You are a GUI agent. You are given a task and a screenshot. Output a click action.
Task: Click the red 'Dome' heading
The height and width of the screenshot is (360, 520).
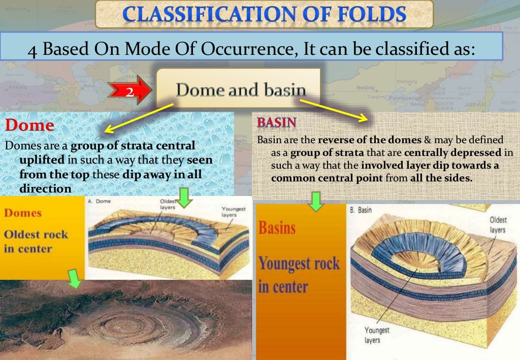tap(29, 125)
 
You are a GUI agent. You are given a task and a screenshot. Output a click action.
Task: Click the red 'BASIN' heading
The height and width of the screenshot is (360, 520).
tap(277, 123)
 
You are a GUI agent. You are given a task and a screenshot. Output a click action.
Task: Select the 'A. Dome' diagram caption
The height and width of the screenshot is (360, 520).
tap(100, 201)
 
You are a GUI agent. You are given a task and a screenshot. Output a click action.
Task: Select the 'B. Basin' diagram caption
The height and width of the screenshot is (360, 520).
tap(360, 210)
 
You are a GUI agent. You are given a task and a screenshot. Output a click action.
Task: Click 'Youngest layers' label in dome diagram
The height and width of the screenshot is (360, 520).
tap(233, 212)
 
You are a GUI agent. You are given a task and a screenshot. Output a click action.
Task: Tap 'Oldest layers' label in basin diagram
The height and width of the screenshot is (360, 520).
tap(498, 225)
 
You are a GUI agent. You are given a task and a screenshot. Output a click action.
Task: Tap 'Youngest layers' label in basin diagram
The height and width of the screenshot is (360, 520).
tap(376, 335)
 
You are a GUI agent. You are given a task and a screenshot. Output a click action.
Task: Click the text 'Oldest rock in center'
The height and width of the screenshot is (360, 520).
tap(36, 241)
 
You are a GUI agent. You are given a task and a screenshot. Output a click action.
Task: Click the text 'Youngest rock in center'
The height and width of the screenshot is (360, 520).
tap(299, 274)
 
